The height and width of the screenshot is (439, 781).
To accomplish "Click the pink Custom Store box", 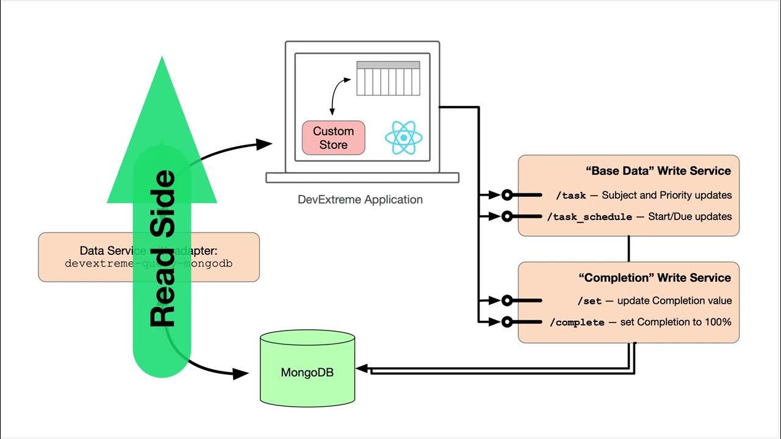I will coord(333,138).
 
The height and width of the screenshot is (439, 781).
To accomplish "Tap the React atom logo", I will coord(403,137).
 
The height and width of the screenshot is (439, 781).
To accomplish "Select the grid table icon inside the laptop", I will coord(388,78).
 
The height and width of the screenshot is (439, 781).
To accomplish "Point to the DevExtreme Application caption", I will coord(360,199).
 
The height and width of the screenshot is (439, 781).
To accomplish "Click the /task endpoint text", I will coord(570,196).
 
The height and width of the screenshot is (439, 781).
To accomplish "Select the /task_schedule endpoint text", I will coord(589,217).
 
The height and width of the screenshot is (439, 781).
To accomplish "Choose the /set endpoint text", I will coord(589,301).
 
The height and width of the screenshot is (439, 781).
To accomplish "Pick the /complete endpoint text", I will coord(577,323).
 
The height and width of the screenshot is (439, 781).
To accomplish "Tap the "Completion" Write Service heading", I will coord(654,278).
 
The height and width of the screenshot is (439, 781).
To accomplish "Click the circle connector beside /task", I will coord(506,196).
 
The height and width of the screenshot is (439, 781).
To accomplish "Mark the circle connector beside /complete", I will coord(506,322).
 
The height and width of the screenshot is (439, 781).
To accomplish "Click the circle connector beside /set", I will coord(506,300).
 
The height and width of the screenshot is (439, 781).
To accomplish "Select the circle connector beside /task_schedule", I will coord(506,216).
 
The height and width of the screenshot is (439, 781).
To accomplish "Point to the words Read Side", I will coord(162,249).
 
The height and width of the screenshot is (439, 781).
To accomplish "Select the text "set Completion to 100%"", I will coord(675,322).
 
